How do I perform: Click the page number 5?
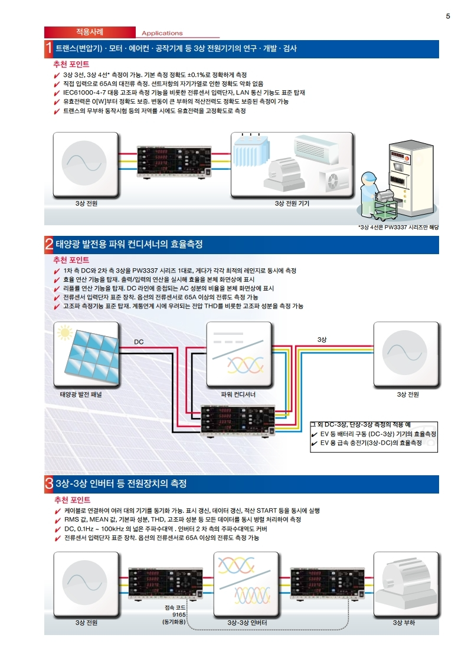[448, 16]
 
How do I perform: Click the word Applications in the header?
[162, 34]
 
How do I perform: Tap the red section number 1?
[48, 48]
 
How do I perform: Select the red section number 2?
[48, 244]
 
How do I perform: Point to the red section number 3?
[48, 484]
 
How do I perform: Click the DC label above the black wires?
[139, 342]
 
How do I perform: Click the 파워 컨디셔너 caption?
[238, 394]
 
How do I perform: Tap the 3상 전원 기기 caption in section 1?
[292, 203]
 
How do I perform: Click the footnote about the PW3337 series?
[399, 227]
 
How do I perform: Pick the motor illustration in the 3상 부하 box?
[407, 584]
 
